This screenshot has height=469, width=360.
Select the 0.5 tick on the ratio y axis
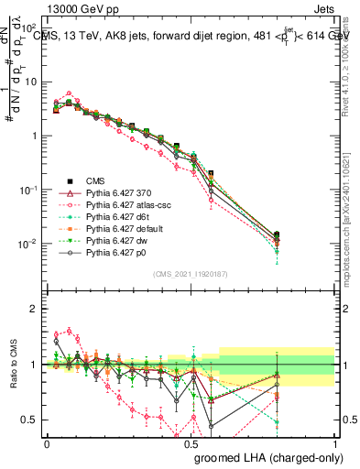pos(30,420)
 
